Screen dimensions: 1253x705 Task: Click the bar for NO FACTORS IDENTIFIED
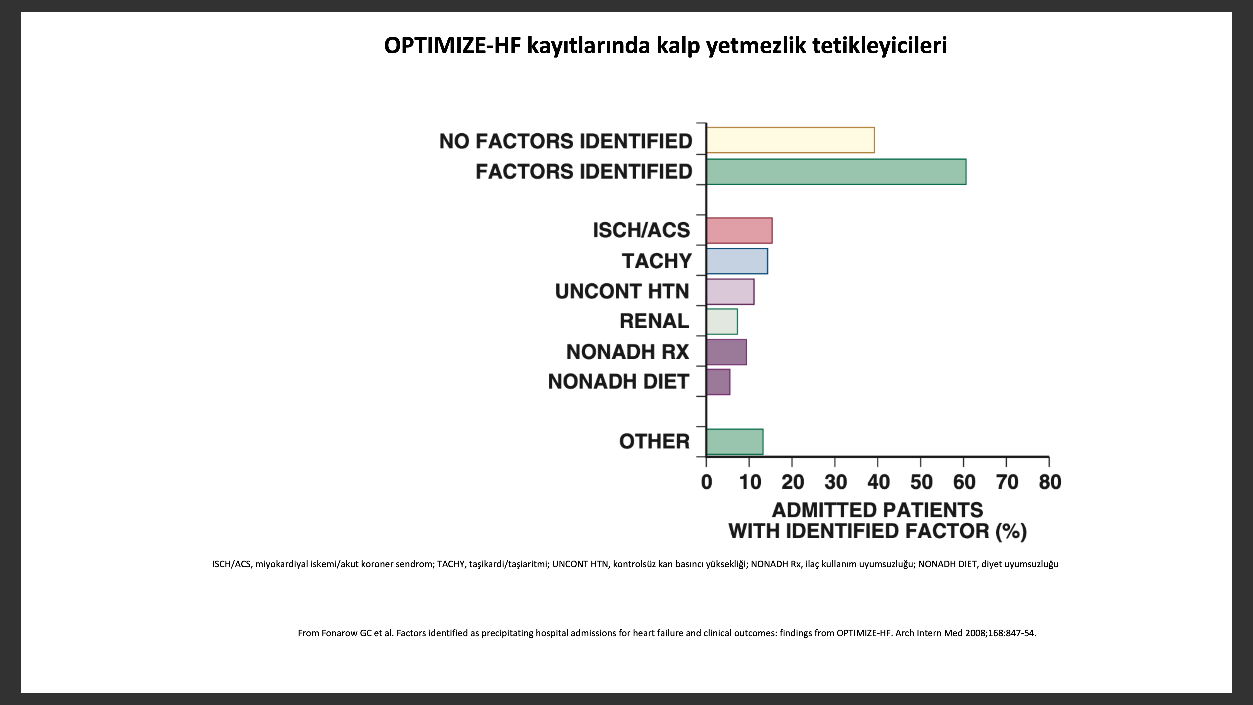(x=790, y=140)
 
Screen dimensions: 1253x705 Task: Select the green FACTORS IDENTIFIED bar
(x=836, y=172)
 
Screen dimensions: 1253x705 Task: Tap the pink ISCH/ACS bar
(x=739, y=231)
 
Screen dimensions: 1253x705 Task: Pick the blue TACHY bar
(x=737, y=261)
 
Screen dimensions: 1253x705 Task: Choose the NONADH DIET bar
(x=719, y=382)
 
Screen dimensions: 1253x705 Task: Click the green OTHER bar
(x=735, y=442)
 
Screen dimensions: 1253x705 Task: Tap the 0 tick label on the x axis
(x=707, y=482)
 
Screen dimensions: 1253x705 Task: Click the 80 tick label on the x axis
(x=1050, y=482)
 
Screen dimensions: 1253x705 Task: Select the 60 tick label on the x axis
(x=964, y=482)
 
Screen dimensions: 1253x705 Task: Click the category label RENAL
(x=654, y=321)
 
